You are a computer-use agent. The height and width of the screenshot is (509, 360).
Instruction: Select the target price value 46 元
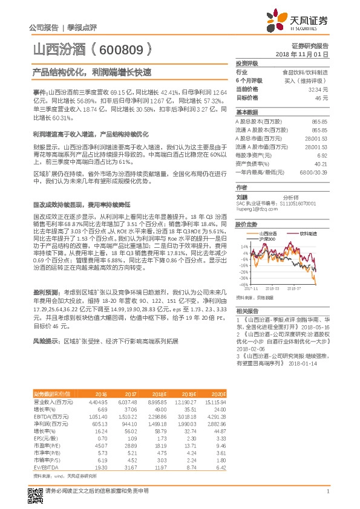[x=322, y=97]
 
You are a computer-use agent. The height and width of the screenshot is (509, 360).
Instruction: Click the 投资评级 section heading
[x=247, y=63]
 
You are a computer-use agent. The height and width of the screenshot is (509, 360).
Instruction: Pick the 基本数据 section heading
[x=247, y=112]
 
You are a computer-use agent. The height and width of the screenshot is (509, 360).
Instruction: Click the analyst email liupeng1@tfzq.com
[x=255, y=209]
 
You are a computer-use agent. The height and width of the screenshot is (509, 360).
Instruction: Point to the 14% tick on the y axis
[x=244, y=247]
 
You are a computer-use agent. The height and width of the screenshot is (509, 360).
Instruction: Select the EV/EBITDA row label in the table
[x=46, y=450]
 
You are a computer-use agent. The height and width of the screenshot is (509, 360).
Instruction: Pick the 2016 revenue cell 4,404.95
[x=98, y=402]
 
